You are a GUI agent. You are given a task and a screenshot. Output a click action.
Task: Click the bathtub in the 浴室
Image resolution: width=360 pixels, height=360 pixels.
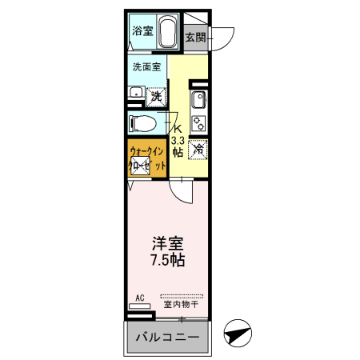click(x=168, y=32)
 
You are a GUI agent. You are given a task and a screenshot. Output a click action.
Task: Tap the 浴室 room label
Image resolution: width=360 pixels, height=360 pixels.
click(x=142, y=32)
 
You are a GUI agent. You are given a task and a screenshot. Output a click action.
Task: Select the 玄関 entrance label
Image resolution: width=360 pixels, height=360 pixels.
click(x=195, y=37)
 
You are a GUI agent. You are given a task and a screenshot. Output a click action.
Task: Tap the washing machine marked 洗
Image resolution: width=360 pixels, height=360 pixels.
click(x=156, y=95)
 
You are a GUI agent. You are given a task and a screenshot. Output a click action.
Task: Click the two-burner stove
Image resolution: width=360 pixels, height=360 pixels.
click(x=198, y=123)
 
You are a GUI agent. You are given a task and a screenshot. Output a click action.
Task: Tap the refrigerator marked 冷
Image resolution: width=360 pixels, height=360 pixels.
click(x=198, y=149)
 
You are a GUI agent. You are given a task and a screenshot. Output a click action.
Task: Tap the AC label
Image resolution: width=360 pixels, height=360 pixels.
click(x=139, y=298)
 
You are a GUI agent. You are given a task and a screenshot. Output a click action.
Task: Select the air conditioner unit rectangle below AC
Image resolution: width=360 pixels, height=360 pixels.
click(x=139, y=306)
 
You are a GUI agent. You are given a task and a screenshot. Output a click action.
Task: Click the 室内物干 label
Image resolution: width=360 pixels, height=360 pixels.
click(x=181, y=304)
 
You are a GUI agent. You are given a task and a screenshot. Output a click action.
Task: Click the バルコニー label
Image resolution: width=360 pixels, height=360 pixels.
click(x=166, y=338)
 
